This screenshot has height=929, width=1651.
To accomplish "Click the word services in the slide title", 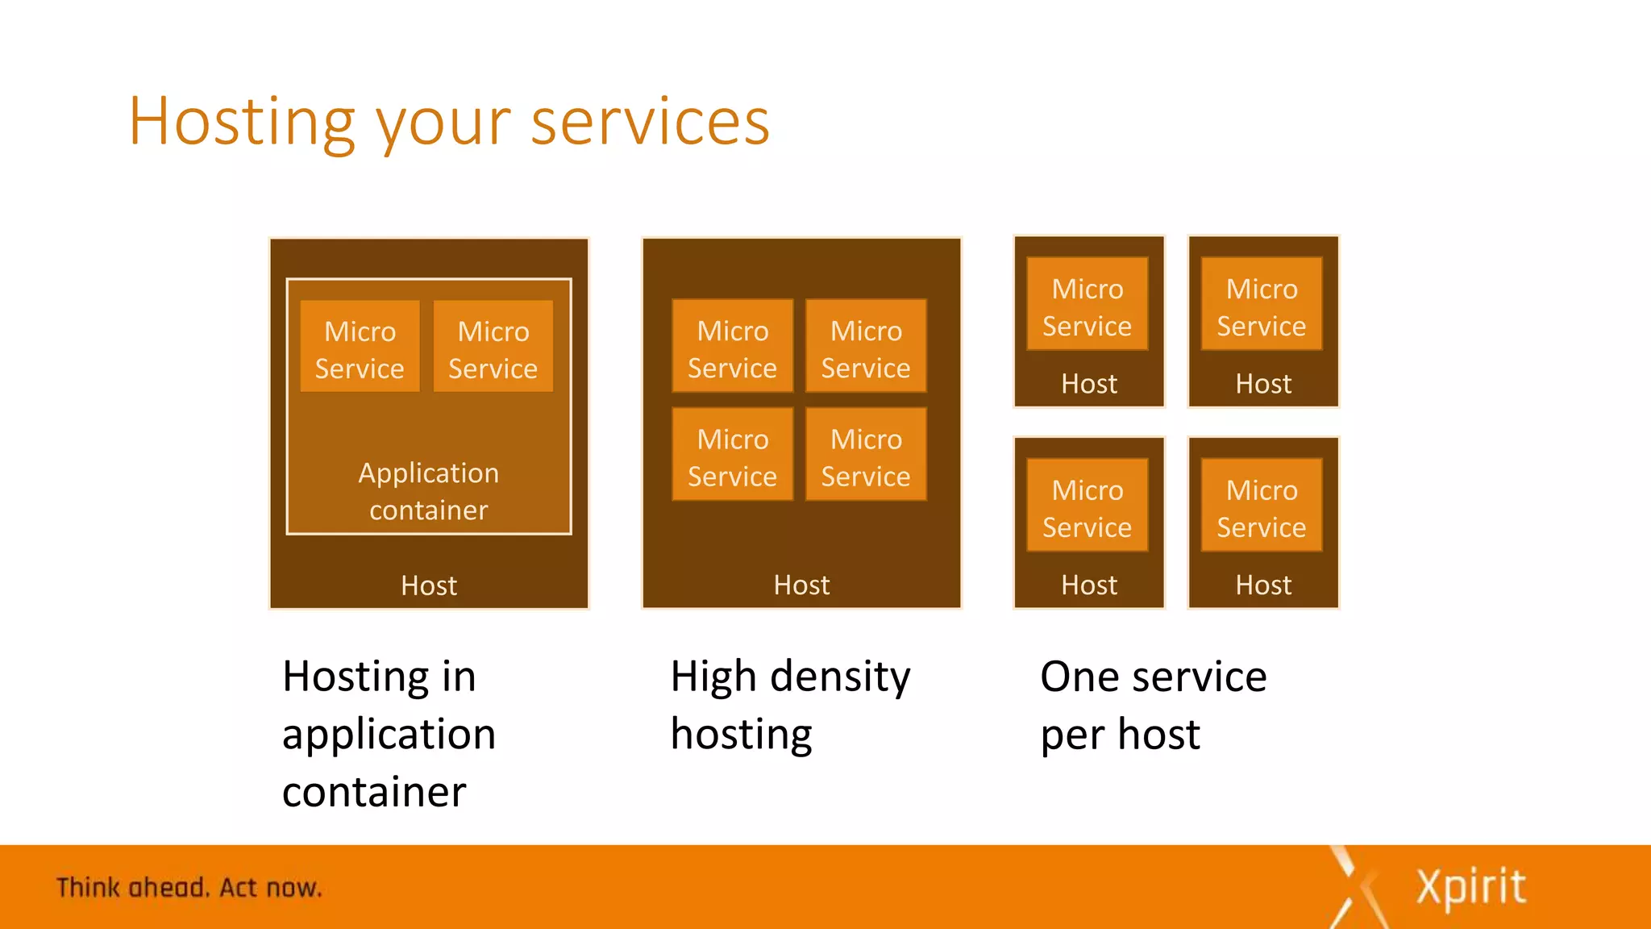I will point(650,123).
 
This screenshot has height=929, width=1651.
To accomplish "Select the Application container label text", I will point(429,491).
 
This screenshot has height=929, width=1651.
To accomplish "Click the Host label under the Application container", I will point(429,585).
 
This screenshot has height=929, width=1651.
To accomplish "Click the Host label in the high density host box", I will point(801,585).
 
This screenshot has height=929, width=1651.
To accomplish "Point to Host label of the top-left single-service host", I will point(1089,384).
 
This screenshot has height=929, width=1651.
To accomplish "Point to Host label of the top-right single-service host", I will point(1263,384).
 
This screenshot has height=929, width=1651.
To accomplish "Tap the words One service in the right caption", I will point(1153,677).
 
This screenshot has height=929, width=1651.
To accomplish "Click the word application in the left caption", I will point(389,735).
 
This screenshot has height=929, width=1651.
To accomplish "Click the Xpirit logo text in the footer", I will point(1470,887).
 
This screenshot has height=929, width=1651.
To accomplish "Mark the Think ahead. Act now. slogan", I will point(189,887).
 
